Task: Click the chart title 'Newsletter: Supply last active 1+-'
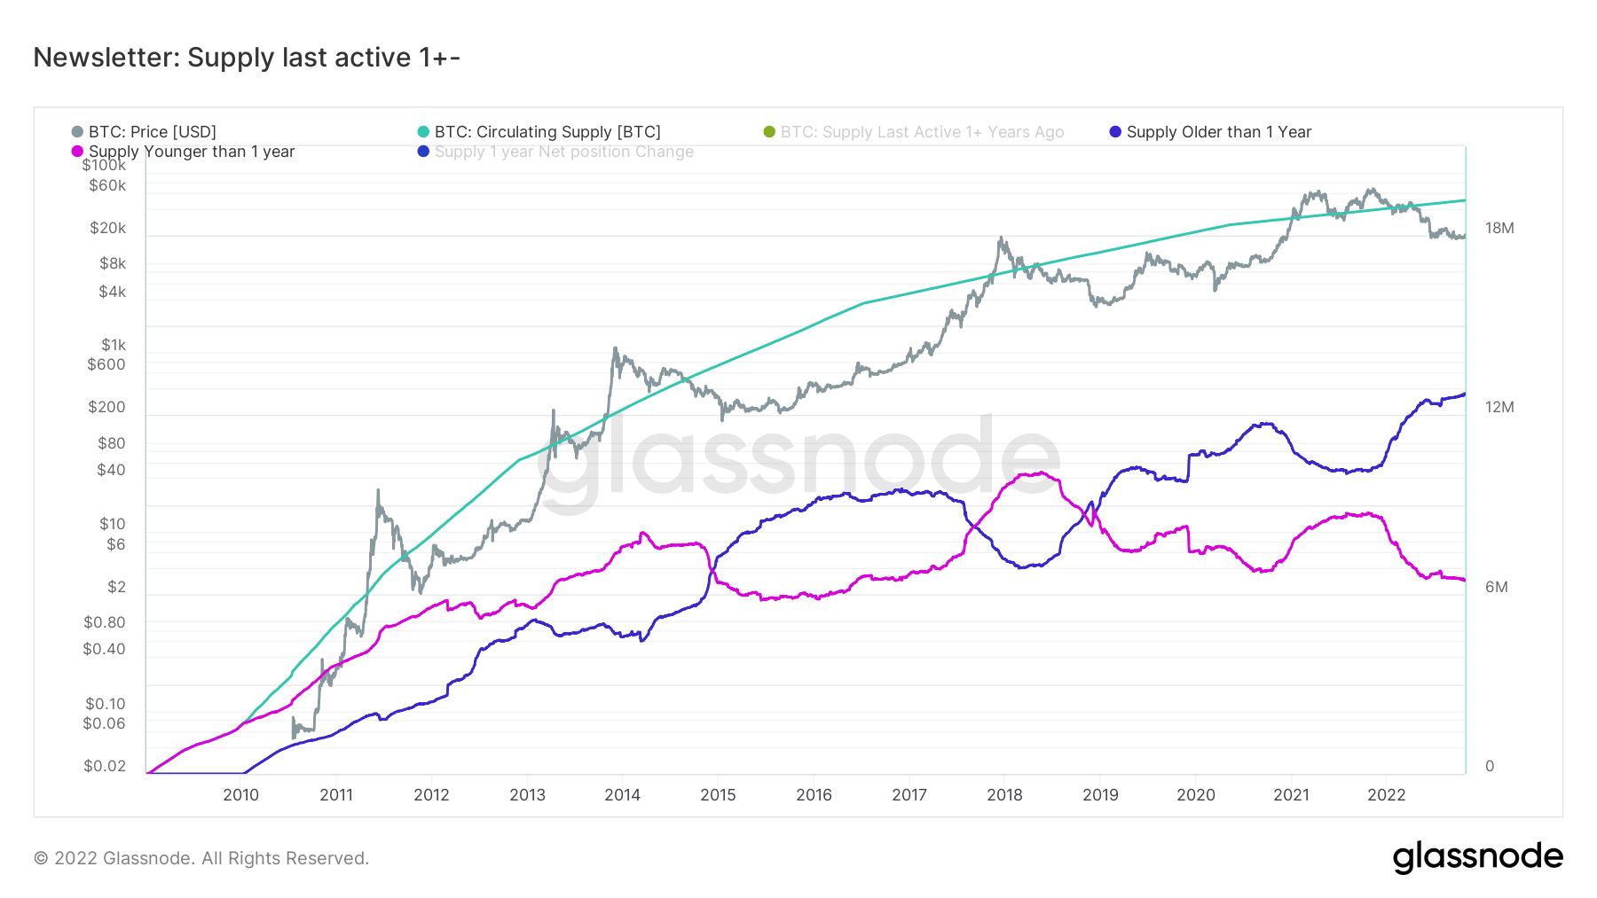247,58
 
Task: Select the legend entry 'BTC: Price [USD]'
152,132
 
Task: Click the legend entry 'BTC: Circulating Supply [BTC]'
547,132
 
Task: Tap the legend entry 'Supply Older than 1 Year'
1218,132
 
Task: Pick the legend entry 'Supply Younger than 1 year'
191,152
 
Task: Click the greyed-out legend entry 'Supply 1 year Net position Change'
563,152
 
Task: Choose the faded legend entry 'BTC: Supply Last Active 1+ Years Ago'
921,132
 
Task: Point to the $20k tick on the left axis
108,228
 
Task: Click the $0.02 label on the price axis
105,766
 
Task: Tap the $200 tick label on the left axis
106,407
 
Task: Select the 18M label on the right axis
1499,228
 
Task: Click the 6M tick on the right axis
1496,587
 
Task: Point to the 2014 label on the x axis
622,795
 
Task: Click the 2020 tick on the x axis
1195,795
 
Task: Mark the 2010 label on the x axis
240,795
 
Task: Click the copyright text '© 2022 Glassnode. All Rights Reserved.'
201,858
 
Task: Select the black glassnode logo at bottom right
1477,857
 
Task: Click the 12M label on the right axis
1499,407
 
